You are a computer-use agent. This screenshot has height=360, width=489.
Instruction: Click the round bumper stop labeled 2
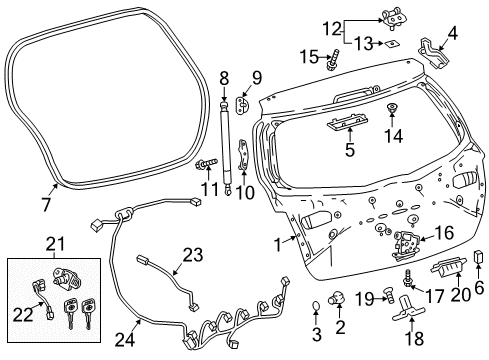tap(341, 297)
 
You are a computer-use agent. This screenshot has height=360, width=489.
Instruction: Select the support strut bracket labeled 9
tap(247, 102)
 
